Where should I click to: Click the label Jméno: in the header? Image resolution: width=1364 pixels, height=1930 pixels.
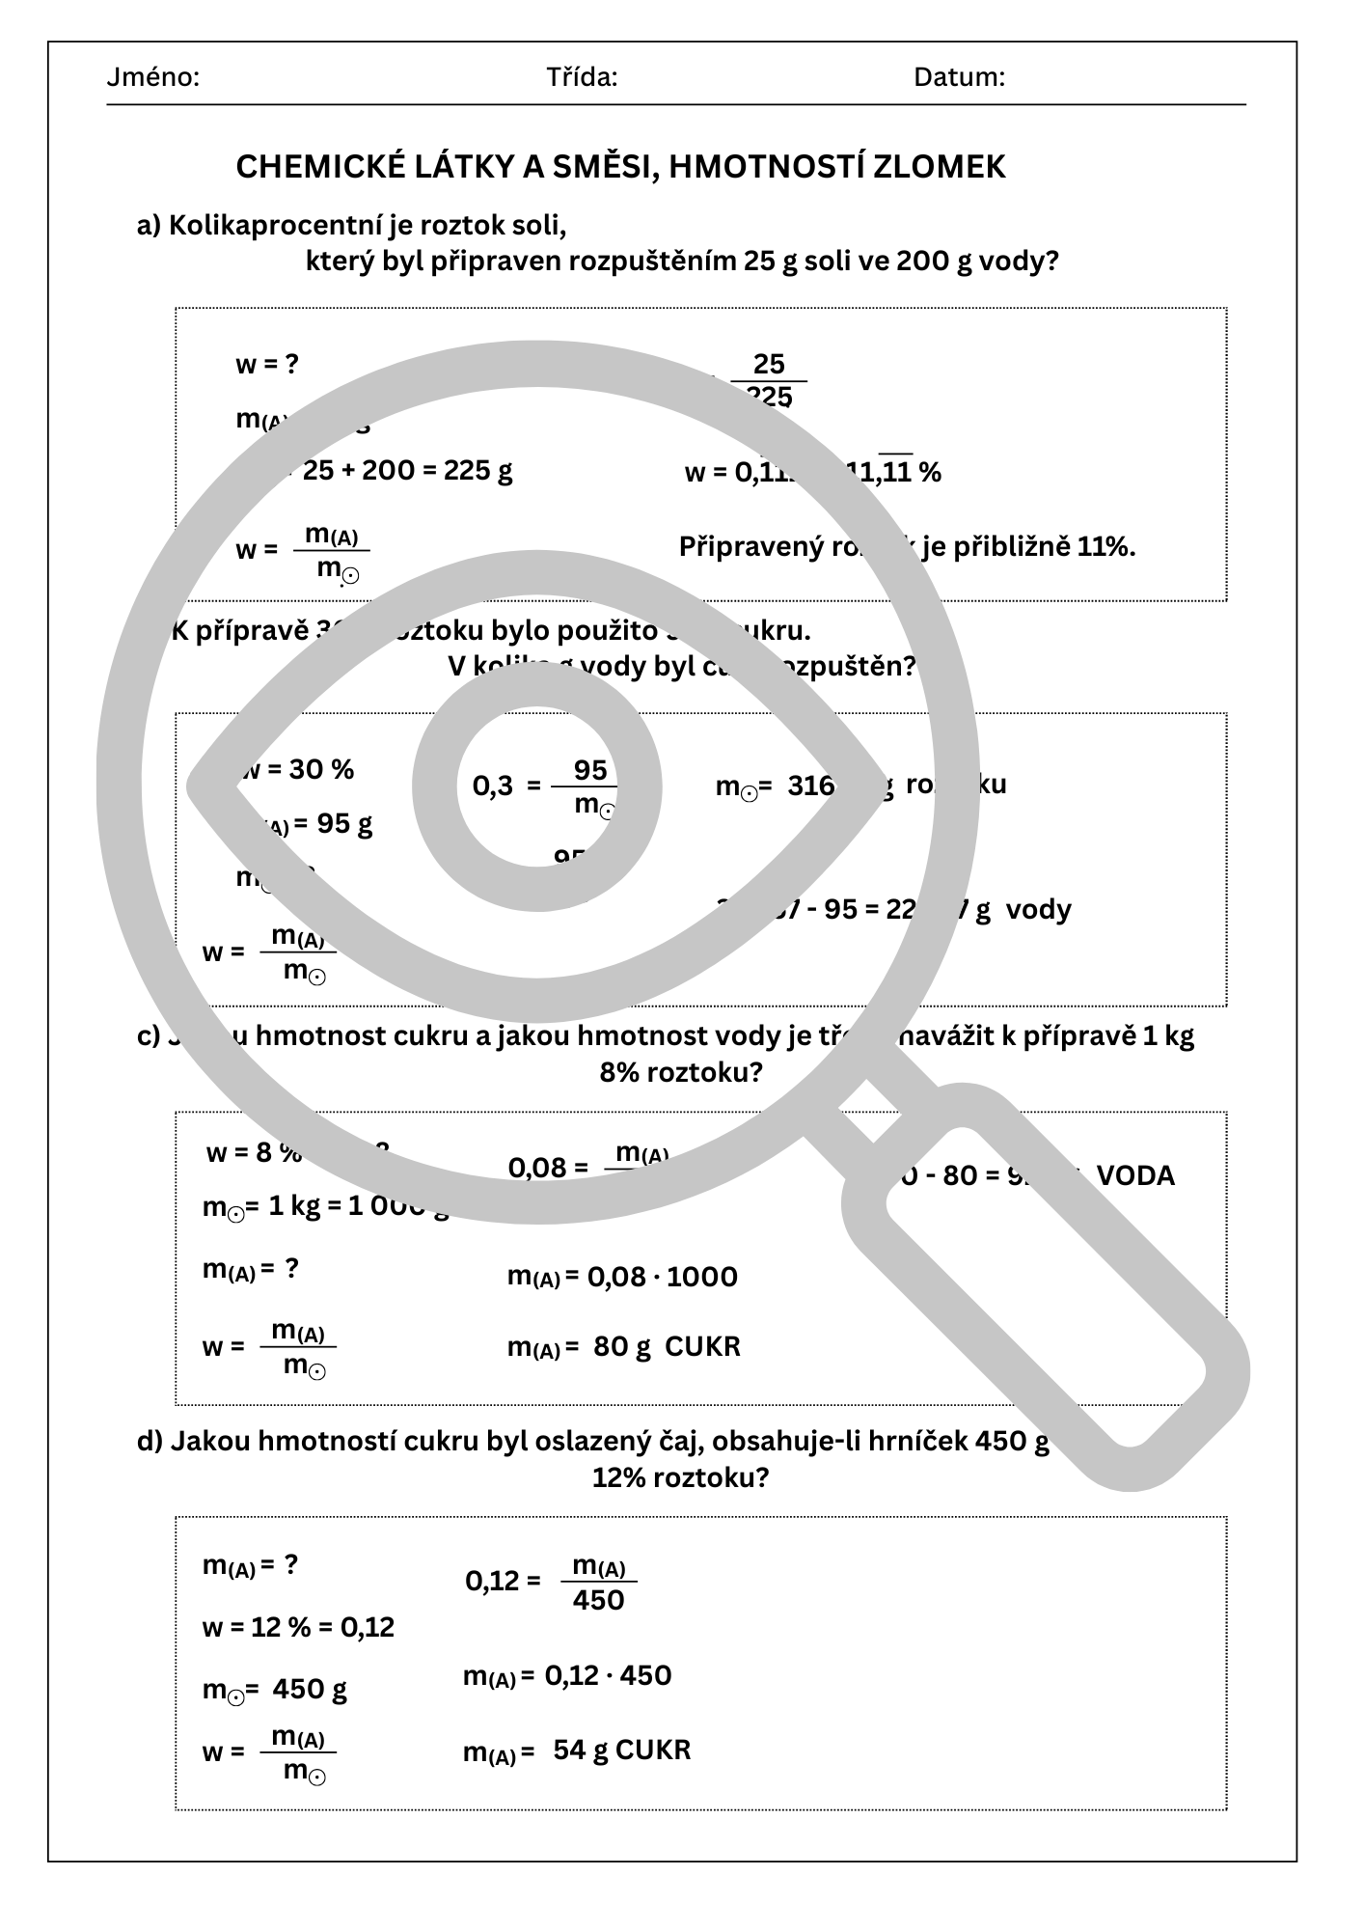click(152, 77)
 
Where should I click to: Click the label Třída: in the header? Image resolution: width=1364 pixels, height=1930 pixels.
click(582, 77)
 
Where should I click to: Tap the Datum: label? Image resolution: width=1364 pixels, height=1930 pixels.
click(959, 77)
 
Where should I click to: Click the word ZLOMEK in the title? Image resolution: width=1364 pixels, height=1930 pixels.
click(939, 167)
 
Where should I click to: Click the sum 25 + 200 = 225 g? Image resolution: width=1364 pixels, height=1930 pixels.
click(407, 471)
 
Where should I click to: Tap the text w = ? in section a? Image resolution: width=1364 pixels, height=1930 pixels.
click(267, 365)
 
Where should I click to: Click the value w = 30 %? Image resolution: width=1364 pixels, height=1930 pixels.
click(299, 769)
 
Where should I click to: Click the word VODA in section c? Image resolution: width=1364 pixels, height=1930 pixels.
click(1135, 1175)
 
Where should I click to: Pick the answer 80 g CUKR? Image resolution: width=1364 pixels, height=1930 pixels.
click(667, 1346)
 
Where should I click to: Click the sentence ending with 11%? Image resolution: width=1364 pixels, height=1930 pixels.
click(907, 547)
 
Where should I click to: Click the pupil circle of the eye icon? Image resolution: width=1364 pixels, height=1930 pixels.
click(537, 786)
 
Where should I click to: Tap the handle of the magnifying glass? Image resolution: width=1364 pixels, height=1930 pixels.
click(1047, 1283)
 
